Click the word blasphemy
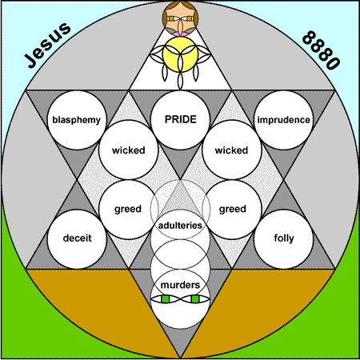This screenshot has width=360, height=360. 76,120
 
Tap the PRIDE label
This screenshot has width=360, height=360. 181,119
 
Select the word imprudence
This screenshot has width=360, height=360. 283,120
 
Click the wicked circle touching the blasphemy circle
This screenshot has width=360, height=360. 129,150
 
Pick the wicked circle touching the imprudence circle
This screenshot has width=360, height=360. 232,150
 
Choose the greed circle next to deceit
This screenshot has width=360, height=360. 128,210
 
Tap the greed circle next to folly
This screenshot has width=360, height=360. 232,210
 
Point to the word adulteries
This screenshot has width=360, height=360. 180,226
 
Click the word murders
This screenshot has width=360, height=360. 180,285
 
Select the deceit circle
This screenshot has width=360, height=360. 77,238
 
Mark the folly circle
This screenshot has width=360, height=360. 284,238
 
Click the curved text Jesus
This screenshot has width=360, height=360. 48,45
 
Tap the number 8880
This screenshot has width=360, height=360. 322,50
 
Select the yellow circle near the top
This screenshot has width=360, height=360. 180,54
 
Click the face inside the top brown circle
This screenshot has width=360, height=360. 181,19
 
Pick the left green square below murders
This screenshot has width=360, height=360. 166,299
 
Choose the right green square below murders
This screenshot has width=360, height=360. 195,299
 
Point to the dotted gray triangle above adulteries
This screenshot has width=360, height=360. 180,198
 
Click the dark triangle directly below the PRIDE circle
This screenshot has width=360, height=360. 180,162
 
